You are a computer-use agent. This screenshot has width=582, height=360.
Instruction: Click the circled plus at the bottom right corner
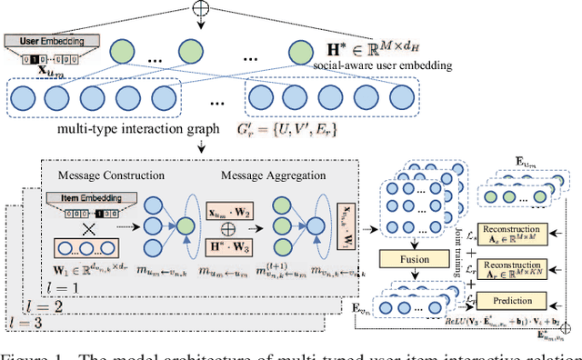(570, 325)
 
